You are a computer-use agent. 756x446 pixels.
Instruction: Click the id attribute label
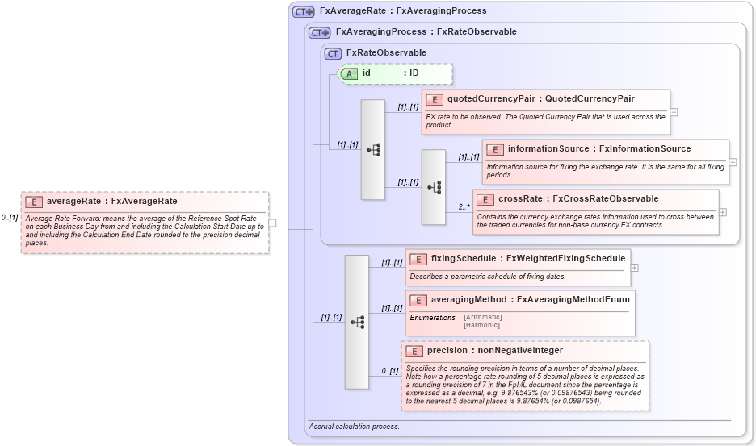(367, 73)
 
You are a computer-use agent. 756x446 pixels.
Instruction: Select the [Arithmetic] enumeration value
(483, 317)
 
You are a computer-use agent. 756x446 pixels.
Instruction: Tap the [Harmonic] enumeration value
(481, 325)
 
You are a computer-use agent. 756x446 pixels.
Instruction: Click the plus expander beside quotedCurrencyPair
(674, 112)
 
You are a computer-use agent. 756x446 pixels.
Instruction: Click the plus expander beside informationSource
(733, 162)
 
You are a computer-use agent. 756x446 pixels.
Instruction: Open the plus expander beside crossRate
(723, 212)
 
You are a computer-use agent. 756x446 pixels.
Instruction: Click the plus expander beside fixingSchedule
(634, 267)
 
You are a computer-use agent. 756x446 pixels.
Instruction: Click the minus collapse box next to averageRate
(273, 223)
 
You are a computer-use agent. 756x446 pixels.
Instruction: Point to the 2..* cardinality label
(464, 207)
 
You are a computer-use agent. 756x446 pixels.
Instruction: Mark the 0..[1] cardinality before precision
(390, 371)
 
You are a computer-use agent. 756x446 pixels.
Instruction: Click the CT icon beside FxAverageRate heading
(304, 11)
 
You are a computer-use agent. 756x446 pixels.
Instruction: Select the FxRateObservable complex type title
(386, 53)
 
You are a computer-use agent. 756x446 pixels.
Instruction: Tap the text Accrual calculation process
(354, 426)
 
